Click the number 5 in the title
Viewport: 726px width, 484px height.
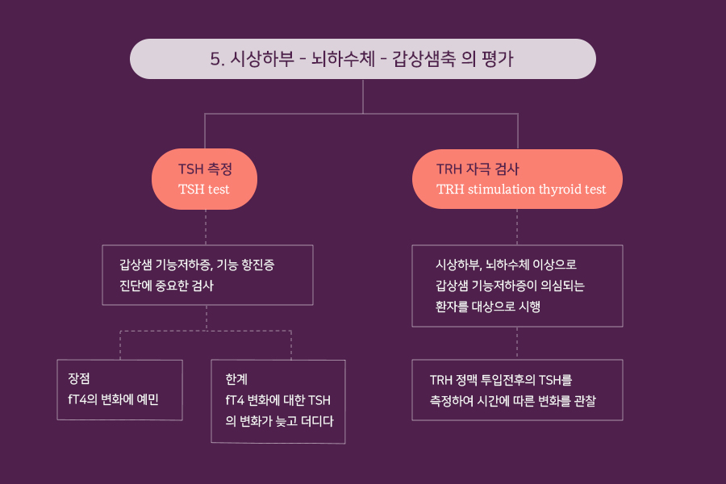pyautogui.click(x=215, y=59)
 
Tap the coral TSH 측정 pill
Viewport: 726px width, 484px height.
pyautogui.click(x=205, y=179)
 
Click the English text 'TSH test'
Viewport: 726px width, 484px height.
pyautogui.click(x=204, y=190)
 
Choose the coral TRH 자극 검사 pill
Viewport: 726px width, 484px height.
pyautogui.click(x=517, y=179)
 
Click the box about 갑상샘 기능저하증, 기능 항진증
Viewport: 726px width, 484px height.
pyautogui.click(x=207, y=275)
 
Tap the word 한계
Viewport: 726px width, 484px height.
pyautogui.click(x=237, y=378)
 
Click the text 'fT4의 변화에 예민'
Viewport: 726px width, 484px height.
pyautogui.click(x=113, y=398)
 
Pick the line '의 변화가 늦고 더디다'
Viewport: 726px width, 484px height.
pyautogui.click(x=279, y=421)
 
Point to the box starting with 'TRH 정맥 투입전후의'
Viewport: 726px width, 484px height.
pyautogui.click(x=517, y=390)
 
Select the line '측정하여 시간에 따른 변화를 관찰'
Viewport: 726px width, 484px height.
pyautogui.click(x=513, y=400)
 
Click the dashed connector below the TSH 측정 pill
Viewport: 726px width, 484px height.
pyautogui.click(x=206, y=227)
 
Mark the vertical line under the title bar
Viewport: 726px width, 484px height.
pyautogui.click(x=363, y=96)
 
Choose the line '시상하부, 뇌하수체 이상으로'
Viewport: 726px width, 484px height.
pyautogui.click(x=506, y=264)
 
